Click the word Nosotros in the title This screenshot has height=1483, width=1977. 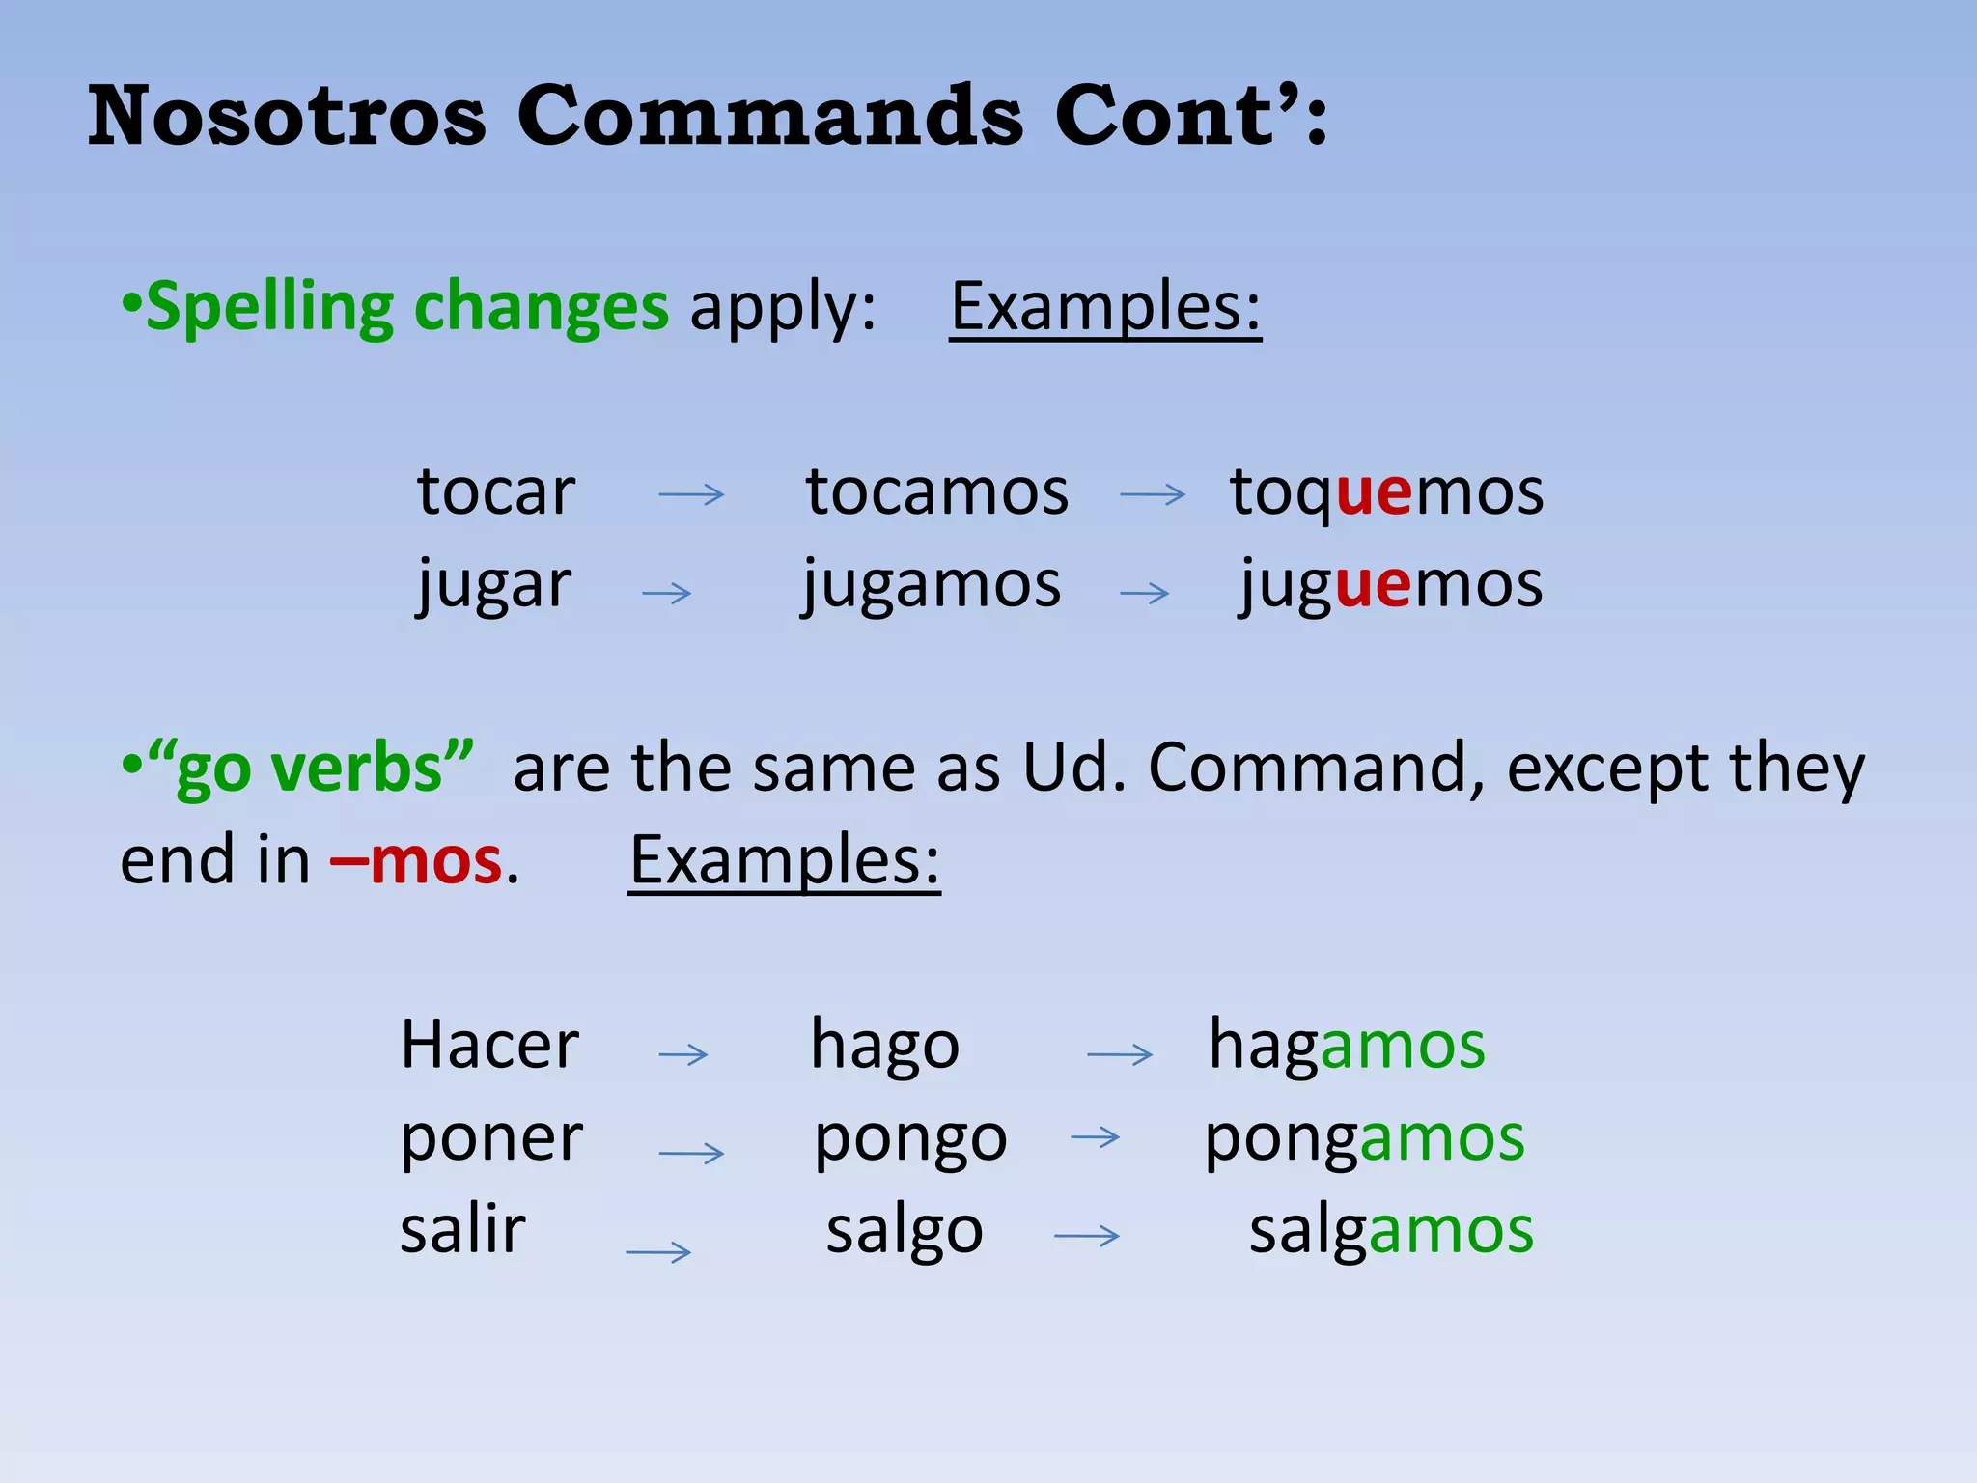click(287, 116)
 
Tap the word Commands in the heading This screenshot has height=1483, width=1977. click(769, 116)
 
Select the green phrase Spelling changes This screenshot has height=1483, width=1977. click(406, 307)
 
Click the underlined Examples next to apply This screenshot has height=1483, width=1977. click(1105, 307)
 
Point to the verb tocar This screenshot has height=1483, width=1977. click(496, 492)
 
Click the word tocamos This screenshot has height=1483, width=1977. click(936, 492)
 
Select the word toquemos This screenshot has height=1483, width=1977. click(1386, 492)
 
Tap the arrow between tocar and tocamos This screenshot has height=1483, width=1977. click(691, 495)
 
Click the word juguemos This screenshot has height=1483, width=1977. click(1391, 585)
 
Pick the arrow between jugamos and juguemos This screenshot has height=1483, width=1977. click(1145, 593)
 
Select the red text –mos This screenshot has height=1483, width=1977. click(416, 860)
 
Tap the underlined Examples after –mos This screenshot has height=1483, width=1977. click(784, 860)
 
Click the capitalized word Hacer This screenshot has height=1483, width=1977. click(489, 1046)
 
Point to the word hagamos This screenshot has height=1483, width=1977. click(1347, 1046)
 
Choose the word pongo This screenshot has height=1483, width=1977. click(910, 1140)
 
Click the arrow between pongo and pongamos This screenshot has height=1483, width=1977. click(1096, 1138)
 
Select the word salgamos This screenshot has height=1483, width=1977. click(1391, 1231)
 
